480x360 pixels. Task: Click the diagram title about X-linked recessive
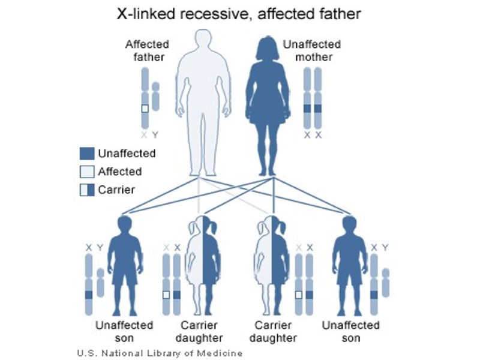239,14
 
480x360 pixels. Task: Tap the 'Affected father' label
147,50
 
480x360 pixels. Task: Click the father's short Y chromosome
156,96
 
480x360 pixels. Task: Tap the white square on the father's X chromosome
145,109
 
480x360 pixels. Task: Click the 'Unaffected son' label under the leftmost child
124,331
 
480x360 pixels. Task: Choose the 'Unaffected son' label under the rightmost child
351,331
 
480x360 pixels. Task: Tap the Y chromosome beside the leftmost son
100,282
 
